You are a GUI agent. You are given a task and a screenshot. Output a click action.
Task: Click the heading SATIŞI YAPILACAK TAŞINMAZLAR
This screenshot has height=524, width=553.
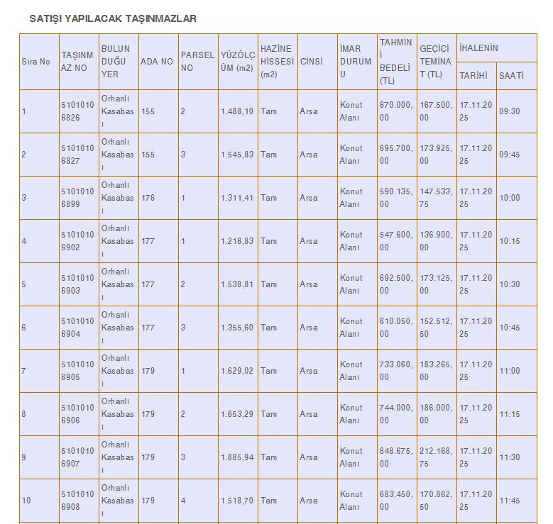pos(112,18)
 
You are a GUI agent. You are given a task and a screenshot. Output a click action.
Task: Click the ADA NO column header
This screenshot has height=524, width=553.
pos(156,62)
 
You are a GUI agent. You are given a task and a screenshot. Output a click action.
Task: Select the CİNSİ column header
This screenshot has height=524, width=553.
pos(311,62)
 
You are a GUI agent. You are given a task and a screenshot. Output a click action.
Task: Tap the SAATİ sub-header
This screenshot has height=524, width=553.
pos(511,75)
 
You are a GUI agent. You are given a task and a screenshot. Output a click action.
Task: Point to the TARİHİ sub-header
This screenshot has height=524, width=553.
pos(473,75)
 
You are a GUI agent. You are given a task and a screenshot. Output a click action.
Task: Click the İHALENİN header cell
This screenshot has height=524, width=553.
pos(479,48)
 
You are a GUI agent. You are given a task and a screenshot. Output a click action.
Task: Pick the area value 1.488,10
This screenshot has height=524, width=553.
pos(236,111)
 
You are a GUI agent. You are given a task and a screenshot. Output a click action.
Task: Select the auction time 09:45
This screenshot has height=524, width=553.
pos(509,155)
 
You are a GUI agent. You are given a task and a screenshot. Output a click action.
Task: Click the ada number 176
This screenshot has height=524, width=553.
pos(148,198)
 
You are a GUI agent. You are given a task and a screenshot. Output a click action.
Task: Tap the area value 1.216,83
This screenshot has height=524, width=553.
pos(236,241)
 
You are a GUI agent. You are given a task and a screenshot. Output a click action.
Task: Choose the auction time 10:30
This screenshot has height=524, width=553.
pos(509,284)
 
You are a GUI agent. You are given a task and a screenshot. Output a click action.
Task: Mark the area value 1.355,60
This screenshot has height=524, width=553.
pos(236,328)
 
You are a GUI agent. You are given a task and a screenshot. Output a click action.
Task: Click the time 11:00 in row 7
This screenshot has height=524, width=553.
pos(509,371)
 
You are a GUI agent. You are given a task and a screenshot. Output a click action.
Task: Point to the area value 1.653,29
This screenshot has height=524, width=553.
pos(236,414)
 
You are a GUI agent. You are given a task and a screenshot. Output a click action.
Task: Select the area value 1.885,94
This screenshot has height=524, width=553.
pos(236,457)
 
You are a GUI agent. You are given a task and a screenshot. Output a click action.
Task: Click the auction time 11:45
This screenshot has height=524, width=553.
pos(509,501)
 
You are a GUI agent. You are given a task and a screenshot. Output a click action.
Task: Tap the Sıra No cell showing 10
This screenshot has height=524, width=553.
pos(26,501)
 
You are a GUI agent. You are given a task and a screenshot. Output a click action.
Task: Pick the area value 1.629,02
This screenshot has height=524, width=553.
pos(236,371)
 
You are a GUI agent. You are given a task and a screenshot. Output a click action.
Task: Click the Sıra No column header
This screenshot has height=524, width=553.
pos(35,62)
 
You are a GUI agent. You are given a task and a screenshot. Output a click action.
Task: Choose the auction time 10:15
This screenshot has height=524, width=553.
pos(509,241)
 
